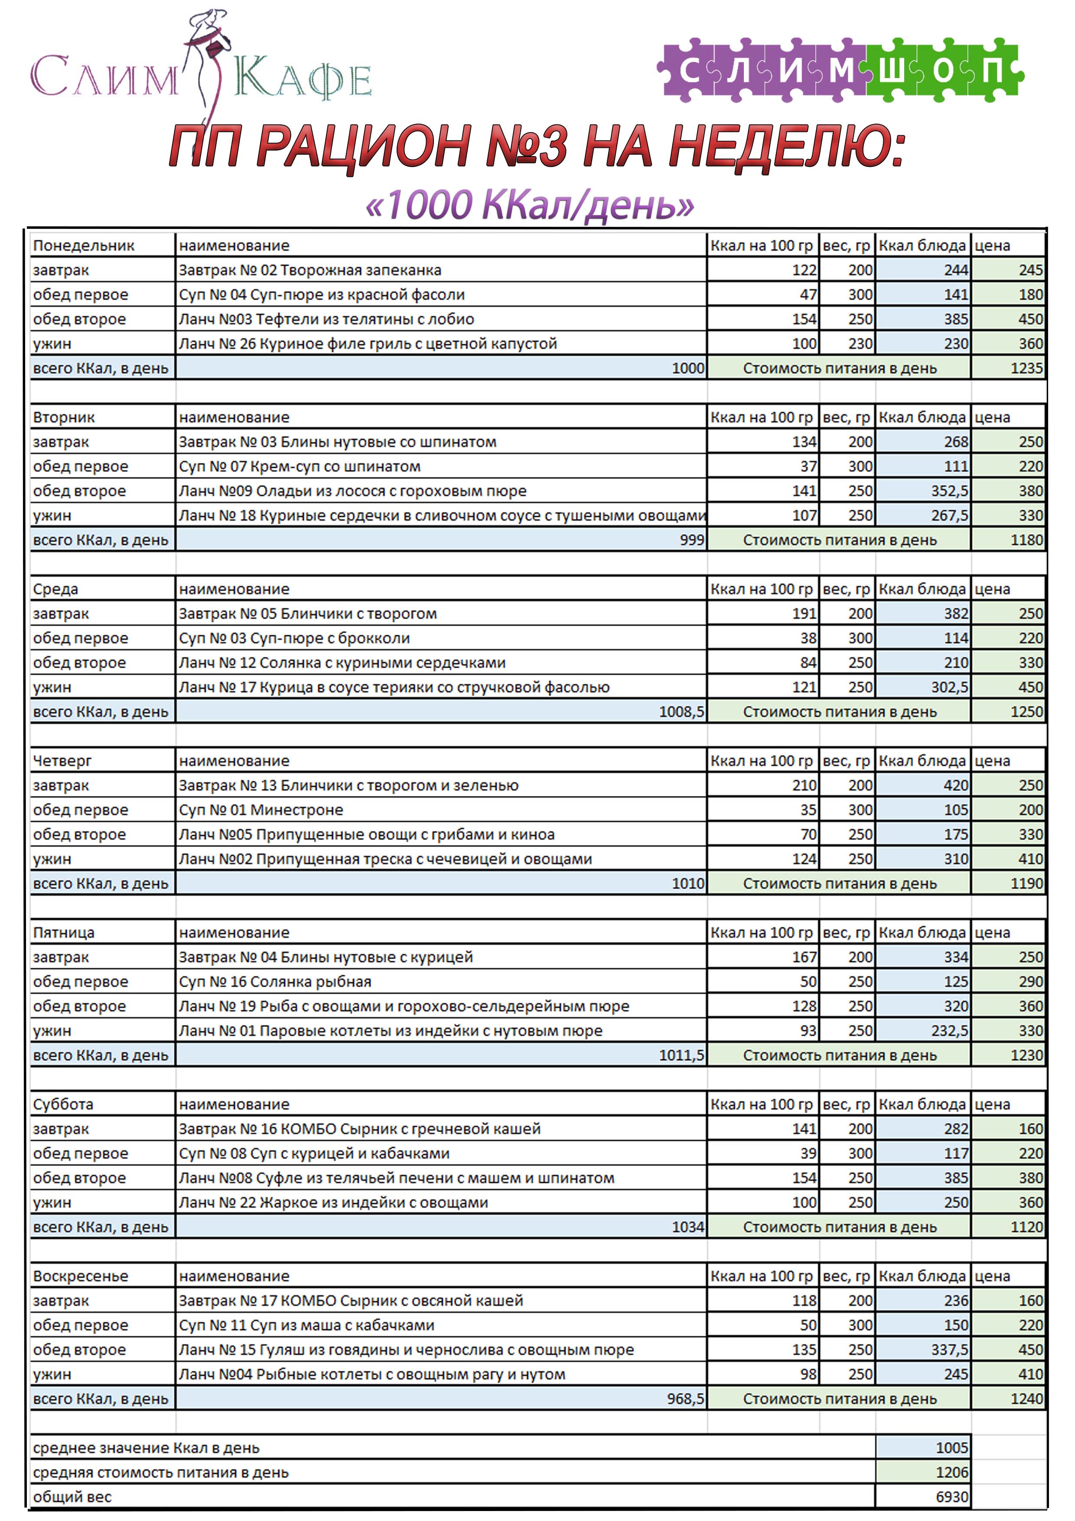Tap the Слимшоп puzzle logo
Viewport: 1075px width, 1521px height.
click(x=840, y=70)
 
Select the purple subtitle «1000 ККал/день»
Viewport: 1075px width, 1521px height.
click(x=530, y=206)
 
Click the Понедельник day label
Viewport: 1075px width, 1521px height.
click(x=84, y=246)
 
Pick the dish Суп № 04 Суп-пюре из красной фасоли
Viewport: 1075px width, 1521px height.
click(x=322, y=295)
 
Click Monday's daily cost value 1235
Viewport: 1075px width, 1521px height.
click(x=1026, y=368)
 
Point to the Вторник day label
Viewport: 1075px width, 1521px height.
click(x=64, y=418)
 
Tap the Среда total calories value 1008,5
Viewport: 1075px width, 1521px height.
click(x=681, y=712)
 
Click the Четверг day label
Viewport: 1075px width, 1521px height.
click(x=62, y=761)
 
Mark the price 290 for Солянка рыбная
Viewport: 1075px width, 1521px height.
click(x=1030, y=982)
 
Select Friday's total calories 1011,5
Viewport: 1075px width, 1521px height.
click(x=681, y=1055)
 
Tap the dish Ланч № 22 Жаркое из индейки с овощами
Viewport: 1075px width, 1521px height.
click(x=333, y=1202)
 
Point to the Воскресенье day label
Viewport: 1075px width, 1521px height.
click(x=81, y=1276)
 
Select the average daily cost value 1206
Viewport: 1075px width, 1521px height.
click(x=951, y=1472)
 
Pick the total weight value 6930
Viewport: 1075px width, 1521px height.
click(x=951, y=1497)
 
